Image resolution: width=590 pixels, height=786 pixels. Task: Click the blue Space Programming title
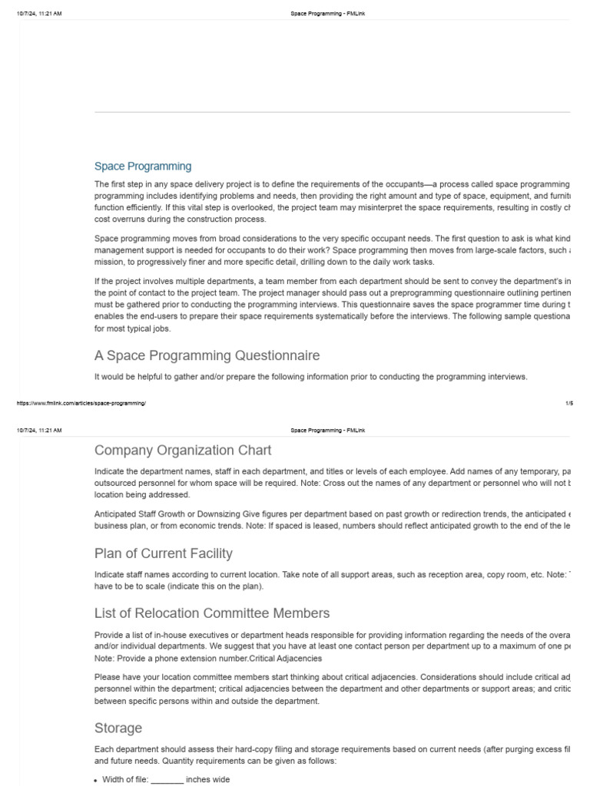pyautogui.click(x=143, y=166)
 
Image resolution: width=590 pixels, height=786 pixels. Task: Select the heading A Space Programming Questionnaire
pyautogui.click(x=207, y=355)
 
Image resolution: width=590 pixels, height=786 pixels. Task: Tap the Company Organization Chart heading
pyautogui.click(x=182, y=450)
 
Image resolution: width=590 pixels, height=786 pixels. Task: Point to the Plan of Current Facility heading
pyautogui.click(x=163, y=553)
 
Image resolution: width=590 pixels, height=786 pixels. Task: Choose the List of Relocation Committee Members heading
pyautogui.click(x=212, y=613)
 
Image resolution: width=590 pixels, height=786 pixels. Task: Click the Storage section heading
pyautogui.click(x=118, y=728)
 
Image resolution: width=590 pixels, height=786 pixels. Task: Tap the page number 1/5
pyautogui.click(x=569, y=403)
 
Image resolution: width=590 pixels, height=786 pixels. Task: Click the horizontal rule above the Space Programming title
pyautogui.click(x=332, y=112)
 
